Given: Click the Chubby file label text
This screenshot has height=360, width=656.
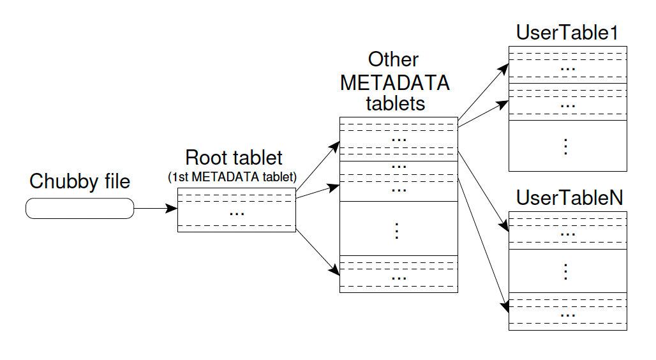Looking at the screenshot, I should (x=80, y=181).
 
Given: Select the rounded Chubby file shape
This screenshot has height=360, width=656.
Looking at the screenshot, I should (x=80, y=209).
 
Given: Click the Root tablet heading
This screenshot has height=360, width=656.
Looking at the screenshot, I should (x=234, y=158).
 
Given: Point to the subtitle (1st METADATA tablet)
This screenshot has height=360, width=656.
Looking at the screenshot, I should (x=234, y=177).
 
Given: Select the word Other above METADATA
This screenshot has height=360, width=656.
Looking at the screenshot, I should (x=394, y=59).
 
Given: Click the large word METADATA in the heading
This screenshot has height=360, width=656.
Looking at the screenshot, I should (x=395, y=82).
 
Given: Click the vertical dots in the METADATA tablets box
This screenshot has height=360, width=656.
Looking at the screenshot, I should (x=397, y=230).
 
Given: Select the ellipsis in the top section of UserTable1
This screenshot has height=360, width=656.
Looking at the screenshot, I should (x=567, y=67).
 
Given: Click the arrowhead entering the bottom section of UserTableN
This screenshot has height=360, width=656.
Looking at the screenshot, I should (x=505, y=306).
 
